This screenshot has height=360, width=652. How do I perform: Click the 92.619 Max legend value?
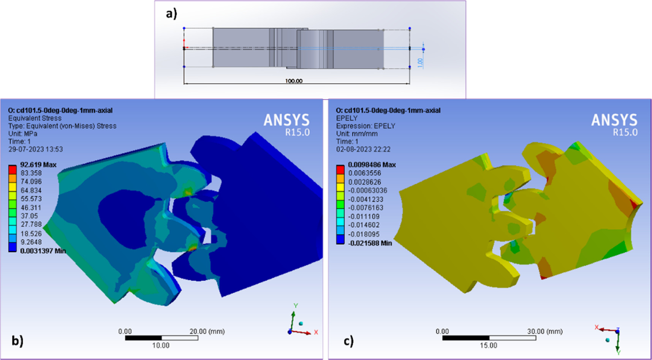click(38, 165)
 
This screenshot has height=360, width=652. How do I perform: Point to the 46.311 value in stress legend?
click(31, 208)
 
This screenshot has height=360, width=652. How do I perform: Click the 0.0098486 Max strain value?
click(372, 165)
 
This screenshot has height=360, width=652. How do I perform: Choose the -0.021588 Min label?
click(370, 243)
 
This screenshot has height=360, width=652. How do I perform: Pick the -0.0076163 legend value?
click(366, 208)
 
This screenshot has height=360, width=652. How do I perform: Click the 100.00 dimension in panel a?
click(294, 81)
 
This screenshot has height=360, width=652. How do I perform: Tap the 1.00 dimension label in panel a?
click(420, 63)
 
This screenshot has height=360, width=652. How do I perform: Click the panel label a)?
click(171, 14)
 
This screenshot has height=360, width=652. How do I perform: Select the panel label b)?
click(17, 341)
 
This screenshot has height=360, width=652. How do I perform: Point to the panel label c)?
click(348, 341)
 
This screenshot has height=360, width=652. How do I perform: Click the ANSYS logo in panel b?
click(286, 120)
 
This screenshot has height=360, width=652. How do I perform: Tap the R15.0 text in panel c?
click(625, 132)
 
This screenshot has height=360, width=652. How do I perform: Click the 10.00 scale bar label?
click(161, 346)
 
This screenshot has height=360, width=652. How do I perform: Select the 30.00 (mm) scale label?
click(544, 332)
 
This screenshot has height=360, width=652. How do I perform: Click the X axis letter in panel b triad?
click(316, 332)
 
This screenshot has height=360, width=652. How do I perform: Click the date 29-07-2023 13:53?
click(36, 149)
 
